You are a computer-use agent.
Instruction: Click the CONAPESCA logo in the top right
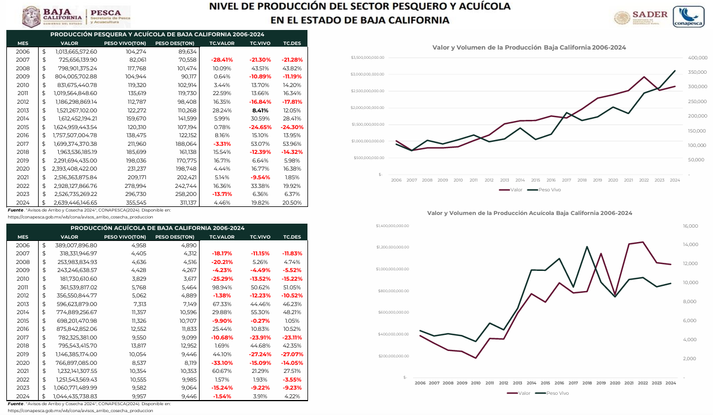click(688, 16)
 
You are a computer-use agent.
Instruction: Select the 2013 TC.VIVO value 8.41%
click(260, 110)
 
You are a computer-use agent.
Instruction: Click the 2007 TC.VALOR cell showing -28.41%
click(222, 60)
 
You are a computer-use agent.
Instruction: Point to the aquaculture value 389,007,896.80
click(76, 245)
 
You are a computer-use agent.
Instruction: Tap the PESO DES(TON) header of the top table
click(174, 43)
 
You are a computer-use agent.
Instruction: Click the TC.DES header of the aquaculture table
click(292, 236)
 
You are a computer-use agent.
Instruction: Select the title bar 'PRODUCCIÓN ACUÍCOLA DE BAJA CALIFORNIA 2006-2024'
click(157, 228)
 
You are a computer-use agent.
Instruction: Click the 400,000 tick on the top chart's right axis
click(698, 58)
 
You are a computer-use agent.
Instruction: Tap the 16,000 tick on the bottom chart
click(691, 226)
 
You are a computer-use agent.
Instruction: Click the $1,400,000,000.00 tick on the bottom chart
click(392, 226)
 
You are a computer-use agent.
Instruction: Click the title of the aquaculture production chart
click(529, 213)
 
